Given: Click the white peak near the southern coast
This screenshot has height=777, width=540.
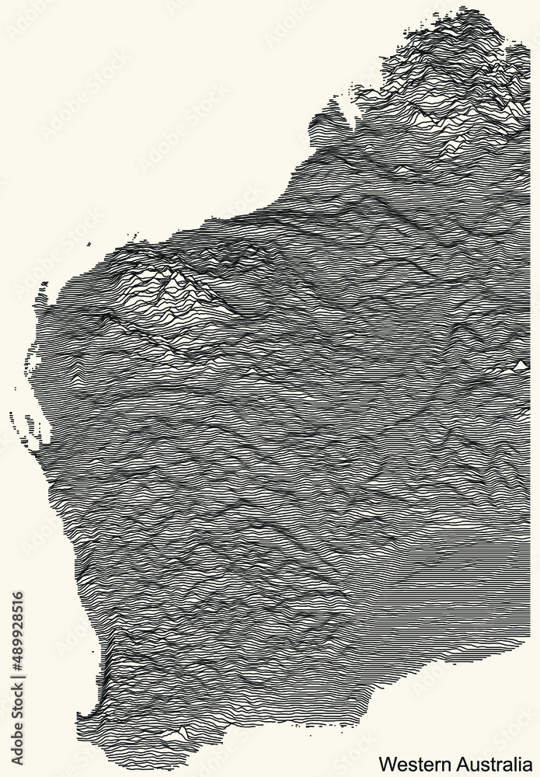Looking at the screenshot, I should click(x=183, y=730).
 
